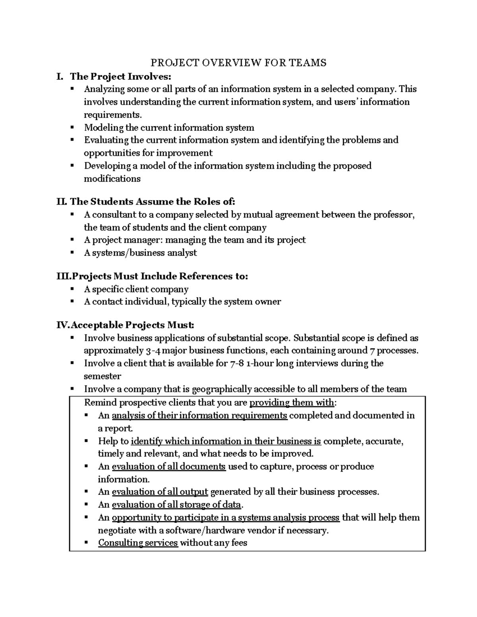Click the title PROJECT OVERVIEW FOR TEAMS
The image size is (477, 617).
coord(238,63)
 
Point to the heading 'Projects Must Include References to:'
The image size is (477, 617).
coord(159,276)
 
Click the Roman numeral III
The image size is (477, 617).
coord(63,276)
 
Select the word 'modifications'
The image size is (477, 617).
coord(112,179)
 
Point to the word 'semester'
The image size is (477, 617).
coord(102,376)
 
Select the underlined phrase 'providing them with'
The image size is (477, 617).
coord(291,403)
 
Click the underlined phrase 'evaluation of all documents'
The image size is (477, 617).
coord(169,466)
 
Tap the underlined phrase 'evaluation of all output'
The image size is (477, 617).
coord(160,492)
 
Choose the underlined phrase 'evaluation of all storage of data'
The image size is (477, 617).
coord(176,505)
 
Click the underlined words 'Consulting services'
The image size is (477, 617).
coord(138,543)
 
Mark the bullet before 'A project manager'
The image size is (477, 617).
coord(72,240)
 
